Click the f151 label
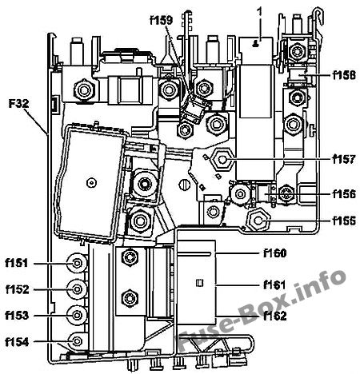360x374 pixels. (x=17, y=263)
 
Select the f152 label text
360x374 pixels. (x=18, y=289)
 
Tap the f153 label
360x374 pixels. (x=17, y=316)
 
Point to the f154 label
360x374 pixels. (x=17, y=342)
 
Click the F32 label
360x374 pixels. (x=18, y=103)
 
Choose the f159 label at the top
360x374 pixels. (x=162, y=20)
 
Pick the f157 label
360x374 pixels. (x=344, y=159)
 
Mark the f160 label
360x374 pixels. (x=275, y=253)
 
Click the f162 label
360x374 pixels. (x=275, y=316)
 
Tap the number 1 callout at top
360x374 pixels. (x=259, y=12)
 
